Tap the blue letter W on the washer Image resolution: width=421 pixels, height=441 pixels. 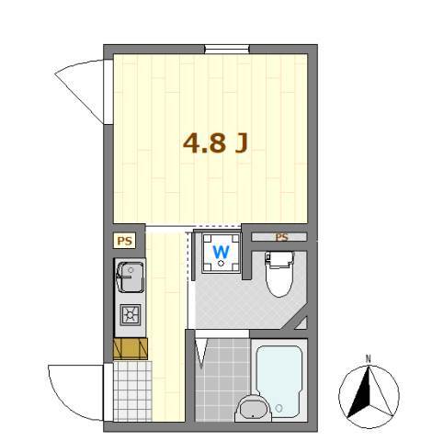click(x=222, y=251)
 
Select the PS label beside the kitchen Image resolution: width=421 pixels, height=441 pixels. click(x=124, y=241)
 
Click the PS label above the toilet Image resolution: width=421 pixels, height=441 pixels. click(x=281, y=237)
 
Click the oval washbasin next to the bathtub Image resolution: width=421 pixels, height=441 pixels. click(x=250, y=409)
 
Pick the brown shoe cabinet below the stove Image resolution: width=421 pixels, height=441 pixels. click(x=130, y=347)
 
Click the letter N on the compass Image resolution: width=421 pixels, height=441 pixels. click(x=368, y=358)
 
